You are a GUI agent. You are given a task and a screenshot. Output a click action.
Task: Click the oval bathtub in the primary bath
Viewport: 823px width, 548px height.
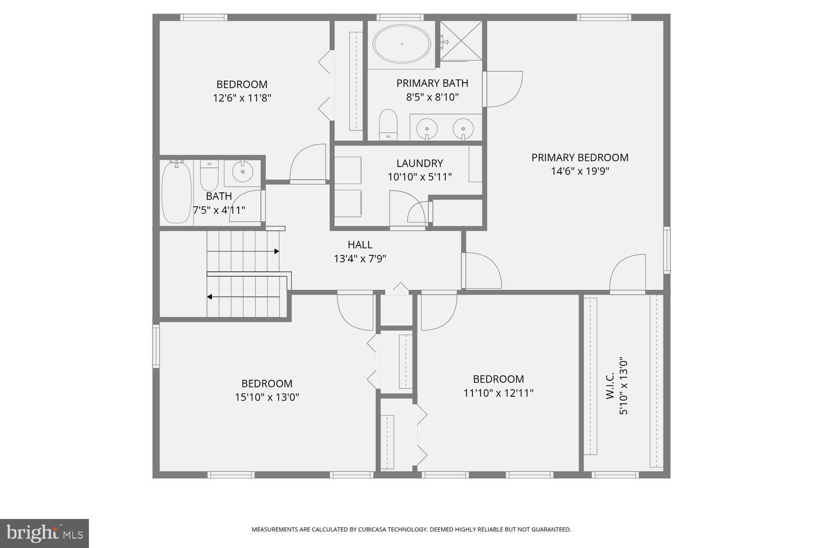(x=402, y=44)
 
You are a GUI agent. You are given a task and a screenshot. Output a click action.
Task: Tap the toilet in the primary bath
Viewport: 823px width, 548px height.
(x=388, y=124)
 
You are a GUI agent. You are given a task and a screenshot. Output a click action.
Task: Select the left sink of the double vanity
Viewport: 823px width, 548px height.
(x=426, y=128)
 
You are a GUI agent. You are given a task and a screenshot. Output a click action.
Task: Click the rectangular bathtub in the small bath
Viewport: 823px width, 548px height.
(x=177, y=192)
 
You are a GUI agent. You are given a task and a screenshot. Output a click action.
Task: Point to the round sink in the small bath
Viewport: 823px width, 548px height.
(x=242, y=172)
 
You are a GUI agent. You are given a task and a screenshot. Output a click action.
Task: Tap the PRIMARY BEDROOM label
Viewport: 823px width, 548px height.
(x=579, y=158)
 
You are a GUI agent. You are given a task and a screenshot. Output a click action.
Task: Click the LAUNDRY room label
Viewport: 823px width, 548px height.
(x=420, y=163)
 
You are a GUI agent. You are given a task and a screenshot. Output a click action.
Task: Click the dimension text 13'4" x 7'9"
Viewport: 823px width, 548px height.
(x=360, y=259)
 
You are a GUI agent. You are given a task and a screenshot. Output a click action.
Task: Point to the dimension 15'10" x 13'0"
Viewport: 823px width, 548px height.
(x=267, y=397)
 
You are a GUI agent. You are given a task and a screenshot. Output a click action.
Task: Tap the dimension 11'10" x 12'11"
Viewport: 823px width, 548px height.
(x=498, y=393)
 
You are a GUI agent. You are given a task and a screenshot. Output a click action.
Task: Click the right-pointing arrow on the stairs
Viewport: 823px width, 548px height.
(x=277, y=252)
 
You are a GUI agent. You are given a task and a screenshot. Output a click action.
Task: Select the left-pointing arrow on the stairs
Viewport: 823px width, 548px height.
(x=210, y=297)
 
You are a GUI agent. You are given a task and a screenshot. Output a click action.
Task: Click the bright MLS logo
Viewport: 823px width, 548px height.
(x=44, y=533)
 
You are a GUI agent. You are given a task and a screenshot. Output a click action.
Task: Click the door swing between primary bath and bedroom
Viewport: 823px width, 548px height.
(x=503, y=89)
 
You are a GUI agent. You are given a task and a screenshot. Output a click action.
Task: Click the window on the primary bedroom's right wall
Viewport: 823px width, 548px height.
(x=667, y=250)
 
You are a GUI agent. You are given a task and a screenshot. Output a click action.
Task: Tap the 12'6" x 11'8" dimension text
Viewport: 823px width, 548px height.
(x=242, y=99)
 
